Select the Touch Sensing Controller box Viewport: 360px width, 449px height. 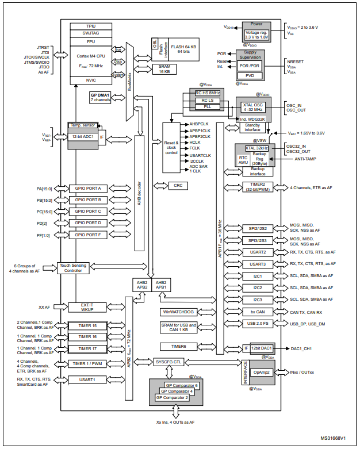72,267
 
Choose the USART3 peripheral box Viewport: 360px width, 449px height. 257,264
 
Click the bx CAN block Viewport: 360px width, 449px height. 257,312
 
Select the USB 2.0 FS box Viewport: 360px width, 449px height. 257,324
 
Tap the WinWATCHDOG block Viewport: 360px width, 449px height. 179,312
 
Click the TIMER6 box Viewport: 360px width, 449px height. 179,347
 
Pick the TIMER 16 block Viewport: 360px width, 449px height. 87,337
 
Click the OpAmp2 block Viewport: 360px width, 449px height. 261,372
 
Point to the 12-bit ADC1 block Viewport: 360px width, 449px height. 83,136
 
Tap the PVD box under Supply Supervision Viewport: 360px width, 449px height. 250,75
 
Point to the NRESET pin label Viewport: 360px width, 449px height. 296,60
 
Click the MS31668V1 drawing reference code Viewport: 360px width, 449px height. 336,438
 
